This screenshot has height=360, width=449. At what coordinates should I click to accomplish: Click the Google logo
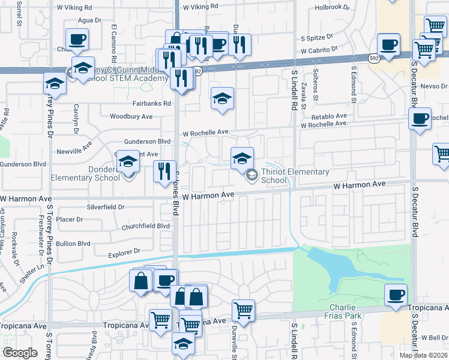coord(19,353)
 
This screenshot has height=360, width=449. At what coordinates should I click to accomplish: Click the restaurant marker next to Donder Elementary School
coord(163,172)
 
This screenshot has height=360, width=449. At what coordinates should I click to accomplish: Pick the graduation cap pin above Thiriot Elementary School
coord(243,158)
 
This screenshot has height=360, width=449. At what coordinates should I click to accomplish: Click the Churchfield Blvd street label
coord(145,226)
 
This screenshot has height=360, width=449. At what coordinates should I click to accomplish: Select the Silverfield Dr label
coord(105,206)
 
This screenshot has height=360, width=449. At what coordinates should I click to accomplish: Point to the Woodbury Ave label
coord(131,116)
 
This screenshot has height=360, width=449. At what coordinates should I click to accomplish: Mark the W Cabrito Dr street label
coord(320,52)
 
